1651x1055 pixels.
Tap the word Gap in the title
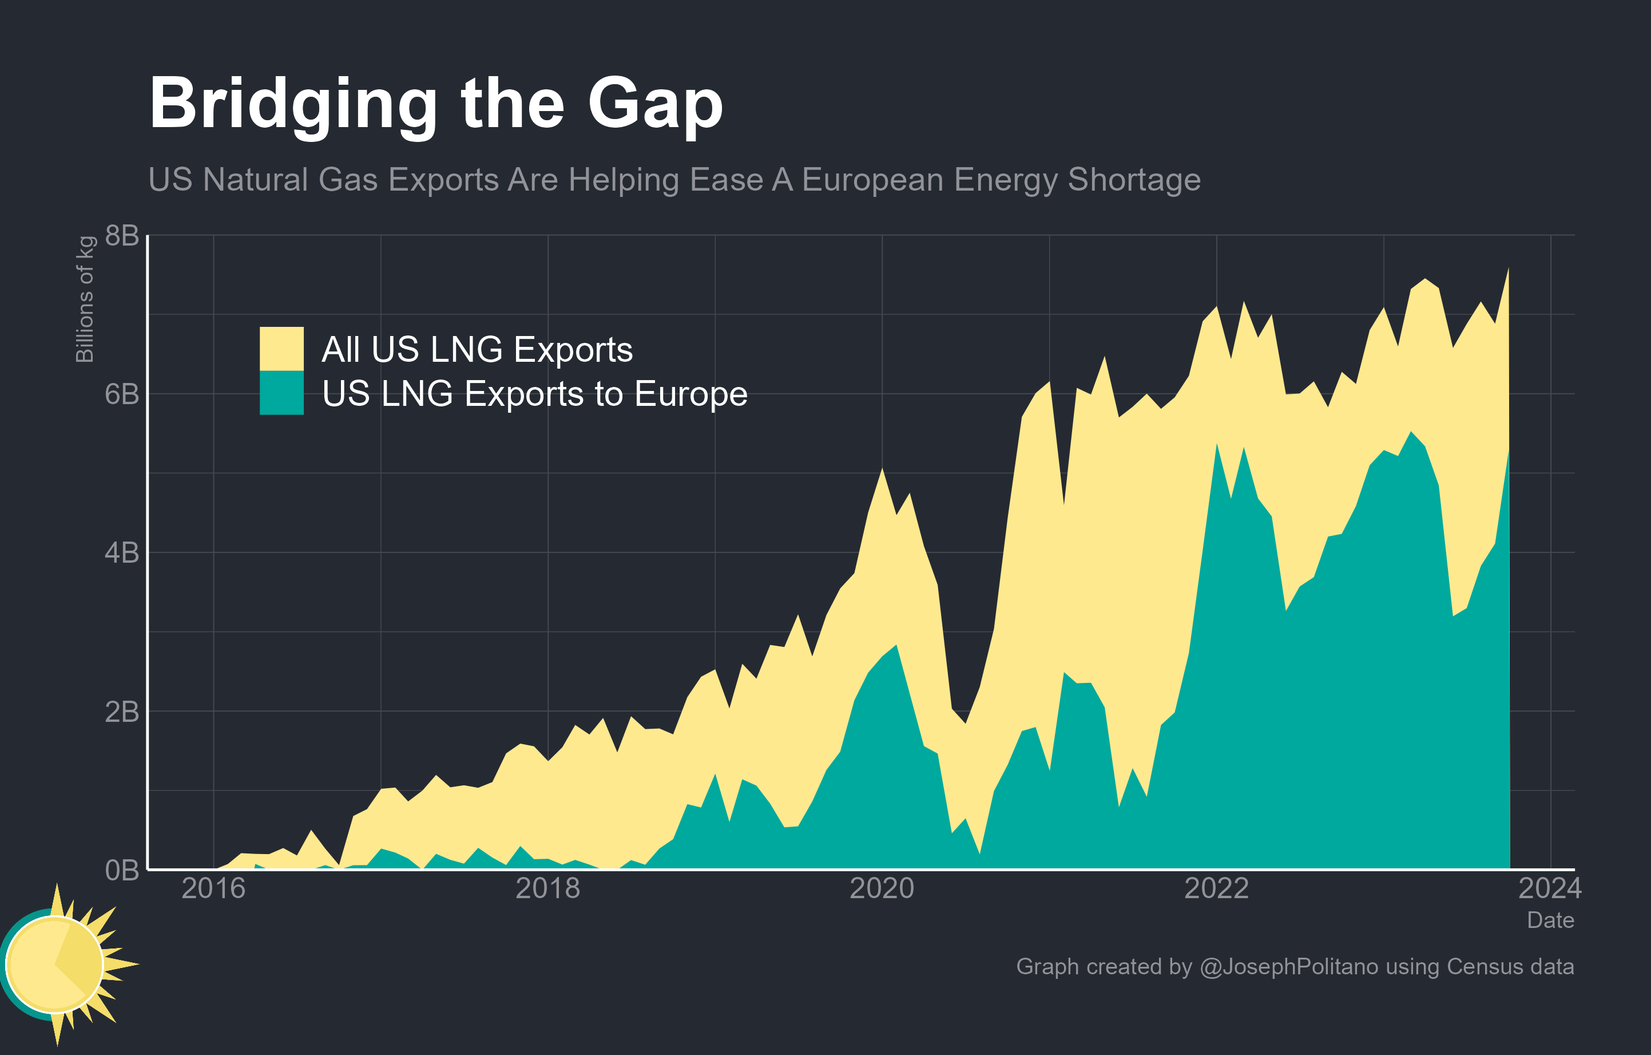[x=655, y=104]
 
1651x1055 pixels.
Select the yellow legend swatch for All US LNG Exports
[x=281, y=349]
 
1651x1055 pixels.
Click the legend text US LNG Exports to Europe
[x=535, y=394]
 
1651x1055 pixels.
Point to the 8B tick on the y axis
[x=122, y=235]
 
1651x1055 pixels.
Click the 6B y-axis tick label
[x=122, y=394]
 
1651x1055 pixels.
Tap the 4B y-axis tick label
[x=122, y=553]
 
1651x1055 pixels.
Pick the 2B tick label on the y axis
[x=122, y=712]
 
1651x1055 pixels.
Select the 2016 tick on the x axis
[x=213, y=889]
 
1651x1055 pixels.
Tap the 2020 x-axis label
[x=882, y=889]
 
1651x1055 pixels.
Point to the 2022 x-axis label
[x=1216, y=889]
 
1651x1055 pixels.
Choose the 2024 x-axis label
[x=1550, y=889]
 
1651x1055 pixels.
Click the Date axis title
[x=1550, y=920]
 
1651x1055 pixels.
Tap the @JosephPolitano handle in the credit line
[x=1289, y=966]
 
